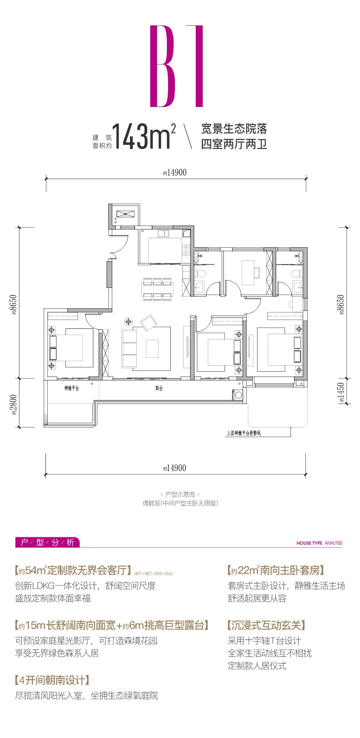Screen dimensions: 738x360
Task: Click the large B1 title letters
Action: pos(177,66)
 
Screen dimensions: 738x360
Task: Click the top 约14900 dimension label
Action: pos(175,173)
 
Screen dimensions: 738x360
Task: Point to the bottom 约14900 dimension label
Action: pos(175,468)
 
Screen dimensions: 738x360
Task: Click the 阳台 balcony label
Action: pos(159,388)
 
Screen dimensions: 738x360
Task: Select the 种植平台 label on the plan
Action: pos(71,388)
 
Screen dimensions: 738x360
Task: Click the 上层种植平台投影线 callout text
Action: pos(244,433)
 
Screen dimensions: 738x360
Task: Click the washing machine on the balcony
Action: pos(238,395)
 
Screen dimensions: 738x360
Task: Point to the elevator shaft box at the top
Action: pos(125,215)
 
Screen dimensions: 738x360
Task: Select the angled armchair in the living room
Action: pos(148,323)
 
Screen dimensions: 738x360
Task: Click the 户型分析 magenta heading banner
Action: pos(47,542)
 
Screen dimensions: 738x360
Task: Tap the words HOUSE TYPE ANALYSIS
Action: pos(319,543)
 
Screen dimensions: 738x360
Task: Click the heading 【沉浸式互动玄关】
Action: pos(266,625)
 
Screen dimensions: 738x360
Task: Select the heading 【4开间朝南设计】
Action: pos(52,680)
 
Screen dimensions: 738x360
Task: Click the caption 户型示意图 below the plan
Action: pos(180,495)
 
